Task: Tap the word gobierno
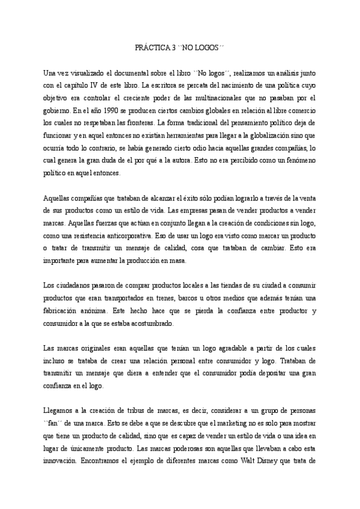point(58,110)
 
